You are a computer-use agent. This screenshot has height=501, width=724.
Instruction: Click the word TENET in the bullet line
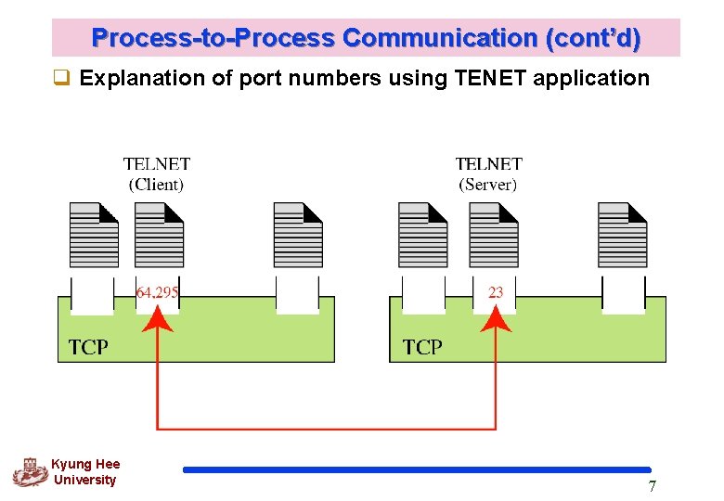click(x=486, y=78)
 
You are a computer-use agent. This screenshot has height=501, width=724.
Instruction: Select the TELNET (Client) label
click(x=156, y=173)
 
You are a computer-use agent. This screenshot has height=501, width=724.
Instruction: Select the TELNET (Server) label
click(x=488, y=173)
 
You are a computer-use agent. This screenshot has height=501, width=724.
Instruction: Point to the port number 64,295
click(x=158, y=292)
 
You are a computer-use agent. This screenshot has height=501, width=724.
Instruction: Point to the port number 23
click(x=496, y=292)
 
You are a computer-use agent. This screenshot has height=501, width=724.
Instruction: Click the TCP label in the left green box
click(x=88, y=347)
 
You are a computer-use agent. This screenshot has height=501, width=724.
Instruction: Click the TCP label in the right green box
click(x=422, y=347)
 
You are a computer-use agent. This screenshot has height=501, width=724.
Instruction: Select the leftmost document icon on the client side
click(x=94, y=235)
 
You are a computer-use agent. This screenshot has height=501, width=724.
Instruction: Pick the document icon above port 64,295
click(x=159, y=235)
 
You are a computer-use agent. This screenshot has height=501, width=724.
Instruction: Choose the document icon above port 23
click(x=494, y=235)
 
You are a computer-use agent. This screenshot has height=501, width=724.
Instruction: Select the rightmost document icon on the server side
click(x=622, y=235)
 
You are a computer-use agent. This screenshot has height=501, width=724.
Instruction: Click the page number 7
click(x=652, y=487)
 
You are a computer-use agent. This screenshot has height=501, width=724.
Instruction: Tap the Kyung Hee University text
click(x=85, y=472)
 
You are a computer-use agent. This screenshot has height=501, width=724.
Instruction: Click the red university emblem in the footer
click(x=30, y=472)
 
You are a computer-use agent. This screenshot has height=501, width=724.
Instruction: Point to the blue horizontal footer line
click(x=418, y=469)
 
